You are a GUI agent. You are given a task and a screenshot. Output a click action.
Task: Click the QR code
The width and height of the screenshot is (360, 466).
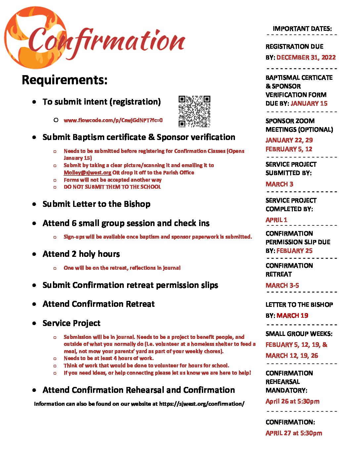coord(194,112)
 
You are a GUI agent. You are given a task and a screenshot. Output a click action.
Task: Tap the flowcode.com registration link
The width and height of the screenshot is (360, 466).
coord(113,120)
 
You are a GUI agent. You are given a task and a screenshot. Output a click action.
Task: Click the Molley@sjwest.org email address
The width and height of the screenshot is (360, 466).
coord(87,172)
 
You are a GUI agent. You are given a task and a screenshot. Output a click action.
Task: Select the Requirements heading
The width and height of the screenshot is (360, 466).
coord(65,80)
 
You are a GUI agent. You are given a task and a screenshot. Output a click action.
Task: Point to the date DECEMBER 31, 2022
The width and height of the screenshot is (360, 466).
coord(306,57)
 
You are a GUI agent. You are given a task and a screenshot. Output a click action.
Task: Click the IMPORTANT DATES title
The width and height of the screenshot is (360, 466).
coord(302,29)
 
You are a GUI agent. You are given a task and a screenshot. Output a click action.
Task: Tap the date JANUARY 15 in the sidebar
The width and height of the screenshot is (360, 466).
coord(309,103)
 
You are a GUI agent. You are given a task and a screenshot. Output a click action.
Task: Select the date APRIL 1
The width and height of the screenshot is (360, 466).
coord(276,220)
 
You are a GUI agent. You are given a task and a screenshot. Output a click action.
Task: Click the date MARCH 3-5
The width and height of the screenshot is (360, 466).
coord(282,285)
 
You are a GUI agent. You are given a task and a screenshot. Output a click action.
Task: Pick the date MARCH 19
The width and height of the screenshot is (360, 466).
coord(292,315)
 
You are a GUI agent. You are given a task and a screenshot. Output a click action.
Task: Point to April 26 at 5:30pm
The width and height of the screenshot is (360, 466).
coord(292,401)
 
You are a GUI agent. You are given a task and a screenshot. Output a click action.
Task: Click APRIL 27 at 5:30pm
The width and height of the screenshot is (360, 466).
coord(294,433)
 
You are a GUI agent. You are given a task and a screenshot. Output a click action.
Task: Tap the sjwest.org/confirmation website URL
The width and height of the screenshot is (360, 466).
coord(202,404)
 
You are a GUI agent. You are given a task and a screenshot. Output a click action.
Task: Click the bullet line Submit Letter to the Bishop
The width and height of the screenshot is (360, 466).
coord(96,204)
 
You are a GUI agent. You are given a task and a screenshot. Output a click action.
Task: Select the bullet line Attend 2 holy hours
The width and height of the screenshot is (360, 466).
coord(81,254)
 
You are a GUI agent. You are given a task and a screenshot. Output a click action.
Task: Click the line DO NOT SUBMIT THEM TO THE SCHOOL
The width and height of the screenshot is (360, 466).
coord(112,187)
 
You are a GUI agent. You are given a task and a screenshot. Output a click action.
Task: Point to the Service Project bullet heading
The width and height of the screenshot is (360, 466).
coord(71,323)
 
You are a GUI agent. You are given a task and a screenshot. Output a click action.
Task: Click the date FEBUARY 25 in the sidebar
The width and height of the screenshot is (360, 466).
coord(294,251)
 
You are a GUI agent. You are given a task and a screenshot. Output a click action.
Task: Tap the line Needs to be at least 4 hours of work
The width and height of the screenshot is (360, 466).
coord(109,358)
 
